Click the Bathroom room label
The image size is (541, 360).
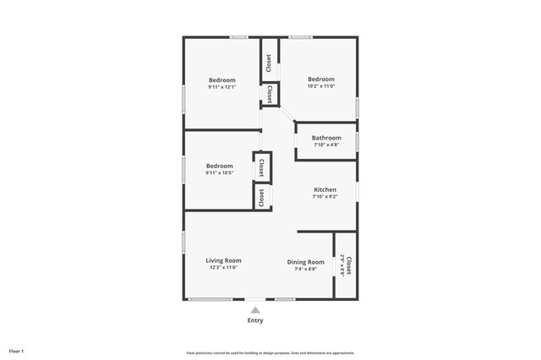click(326, 138)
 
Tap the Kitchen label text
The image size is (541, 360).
click(325, 190)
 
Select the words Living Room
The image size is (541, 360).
click(224, 260)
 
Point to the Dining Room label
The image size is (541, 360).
click(306, 262)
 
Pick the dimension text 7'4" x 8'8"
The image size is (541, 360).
click(305, 269)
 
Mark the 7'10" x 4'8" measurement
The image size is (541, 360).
click(326, 145)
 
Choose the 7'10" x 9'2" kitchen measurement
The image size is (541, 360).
click(325, 197)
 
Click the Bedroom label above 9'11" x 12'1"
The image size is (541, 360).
click(222, 80)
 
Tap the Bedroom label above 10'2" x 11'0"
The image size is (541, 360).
click(321, 79)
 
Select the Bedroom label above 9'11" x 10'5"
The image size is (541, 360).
click(220, 166)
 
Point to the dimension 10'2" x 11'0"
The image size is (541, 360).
click(320, 86)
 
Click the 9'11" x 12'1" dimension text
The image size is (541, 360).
click(221, 87)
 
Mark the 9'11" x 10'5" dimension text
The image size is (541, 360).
click(220, 173)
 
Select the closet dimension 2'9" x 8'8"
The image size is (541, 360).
click(342, 265)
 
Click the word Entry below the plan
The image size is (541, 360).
click(255, 320)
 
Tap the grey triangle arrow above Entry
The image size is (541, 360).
click(255, 310)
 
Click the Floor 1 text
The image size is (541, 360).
click(16, 351)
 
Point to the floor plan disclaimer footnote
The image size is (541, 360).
click(270, 353)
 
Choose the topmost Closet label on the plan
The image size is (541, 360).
click(269, 63)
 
